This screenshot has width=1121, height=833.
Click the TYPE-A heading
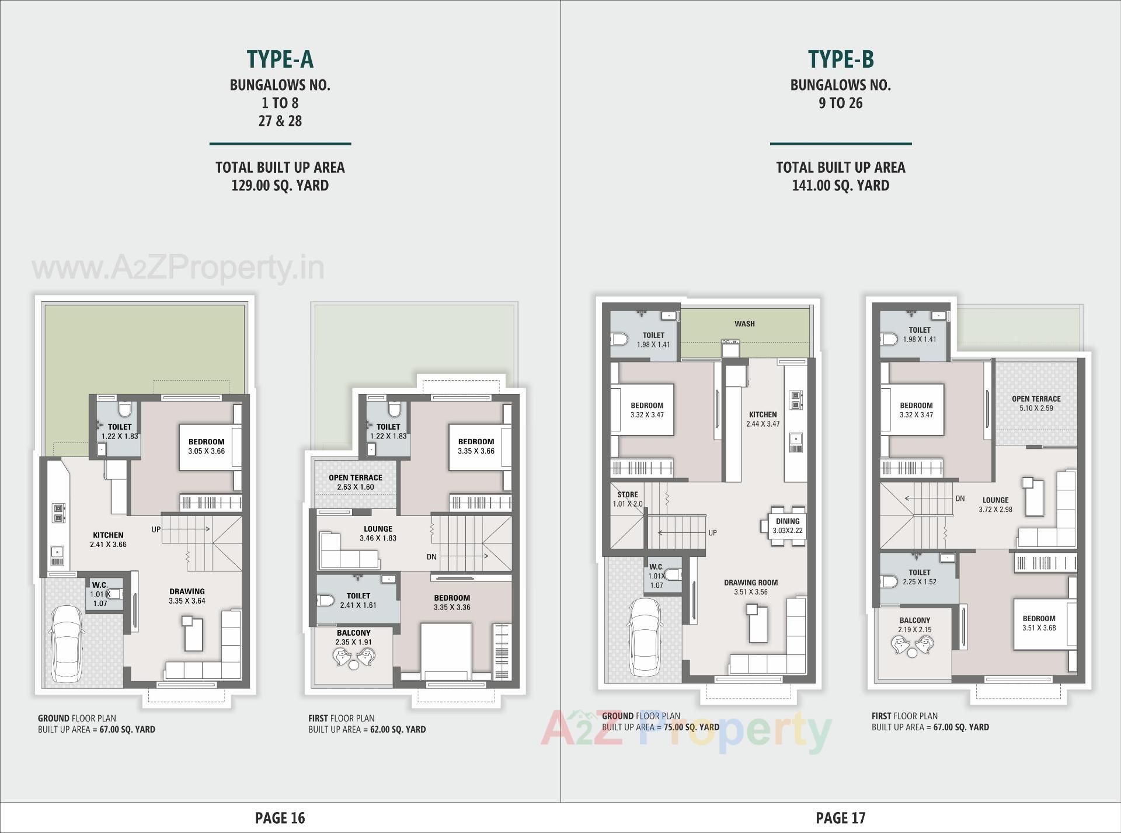tap(280, 59)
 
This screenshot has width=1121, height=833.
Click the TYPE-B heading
tap(840, 59)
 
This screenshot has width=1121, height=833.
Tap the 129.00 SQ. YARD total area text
tap(280, 186)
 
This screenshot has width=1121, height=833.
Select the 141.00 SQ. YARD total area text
tap(840, 186)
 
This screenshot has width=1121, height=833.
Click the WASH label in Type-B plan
tap(744, 324)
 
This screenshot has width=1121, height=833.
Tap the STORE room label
tap(628, 499)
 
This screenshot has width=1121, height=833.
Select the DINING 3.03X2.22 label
tap(787, 526)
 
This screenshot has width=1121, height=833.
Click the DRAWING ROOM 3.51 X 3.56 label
tap(751, 587)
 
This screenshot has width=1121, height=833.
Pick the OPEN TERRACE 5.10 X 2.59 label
tap(1036, 403)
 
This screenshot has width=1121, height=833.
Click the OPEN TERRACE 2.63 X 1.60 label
tap(355, 482)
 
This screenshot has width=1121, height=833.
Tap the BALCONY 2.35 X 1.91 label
tap(353, 637)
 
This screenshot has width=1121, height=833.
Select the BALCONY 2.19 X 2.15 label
tap(914, 625)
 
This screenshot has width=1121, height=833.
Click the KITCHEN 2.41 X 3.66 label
tap(108, 539)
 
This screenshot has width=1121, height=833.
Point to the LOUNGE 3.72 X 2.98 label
tap(995, 504)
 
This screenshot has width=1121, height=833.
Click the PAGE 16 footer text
tap(280, 818)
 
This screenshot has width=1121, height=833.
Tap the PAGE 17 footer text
tap(840, 818)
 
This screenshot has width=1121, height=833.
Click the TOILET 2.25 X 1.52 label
tap(919, 577)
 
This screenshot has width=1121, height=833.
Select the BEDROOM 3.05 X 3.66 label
tap(206, 446)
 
